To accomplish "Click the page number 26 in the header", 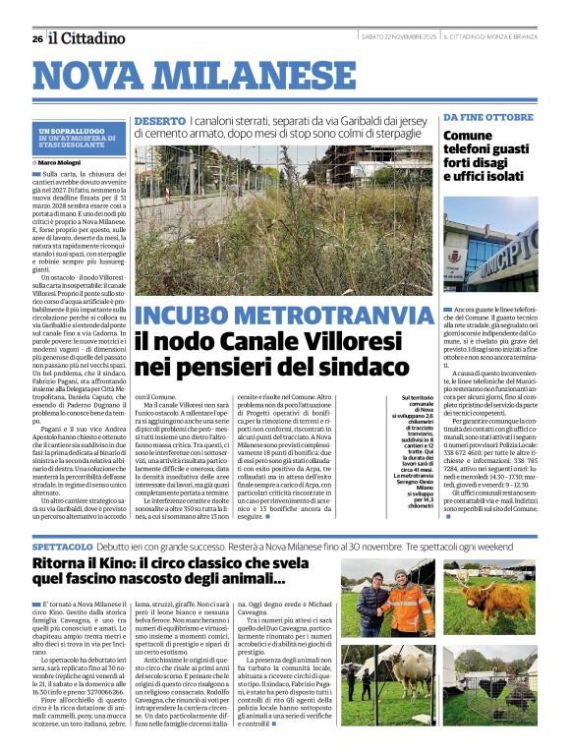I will click(x=36, y=38).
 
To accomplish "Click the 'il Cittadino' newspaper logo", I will click(x=88, y=38).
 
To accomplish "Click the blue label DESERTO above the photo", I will click(x=159, y=121).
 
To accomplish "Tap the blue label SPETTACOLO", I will click(x=66, y=517).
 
